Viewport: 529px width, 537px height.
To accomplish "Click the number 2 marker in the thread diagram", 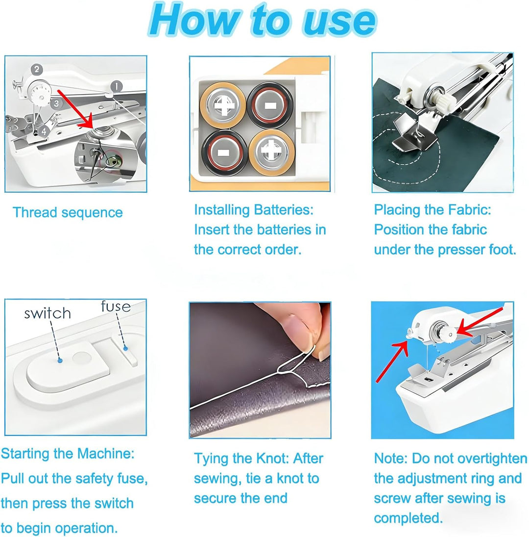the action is click(37, 70).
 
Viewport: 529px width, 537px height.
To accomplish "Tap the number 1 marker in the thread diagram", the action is click(117, 86).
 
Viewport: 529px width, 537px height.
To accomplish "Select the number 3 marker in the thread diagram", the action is click(56, 103).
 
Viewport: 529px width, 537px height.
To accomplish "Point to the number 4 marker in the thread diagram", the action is click(44, 131).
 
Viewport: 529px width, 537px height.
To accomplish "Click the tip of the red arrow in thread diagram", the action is click(91, 128).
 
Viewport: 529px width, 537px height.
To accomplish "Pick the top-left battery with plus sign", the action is click(223, 105).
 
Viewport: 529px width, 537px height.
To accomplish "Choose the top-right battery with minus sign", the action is click(270, 105).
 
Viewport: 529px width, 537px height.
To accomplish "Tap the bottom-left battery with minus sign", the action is click(224, 153).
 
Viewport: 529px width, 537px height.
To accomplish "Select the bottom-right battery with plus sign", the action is click(271, 152).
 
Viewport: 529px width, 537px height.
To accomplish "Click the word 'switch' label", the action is click(48, 313).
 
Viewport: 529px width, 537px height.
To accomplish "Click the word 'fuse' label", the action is click(116, 306).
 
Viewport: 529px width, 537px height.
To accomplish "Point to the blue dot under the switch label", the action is click(60, 360).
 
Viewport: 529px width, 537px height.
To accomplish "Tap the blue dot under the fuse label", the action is click(125, 348).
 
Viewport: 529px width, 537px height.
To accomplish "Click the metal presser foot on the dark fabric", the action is click(414, 131).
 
